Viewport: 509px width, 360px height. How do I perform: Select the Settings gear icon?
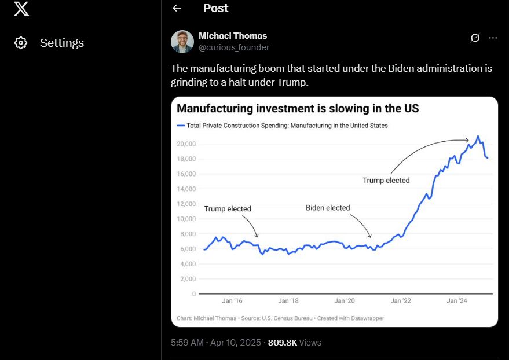(21, 43)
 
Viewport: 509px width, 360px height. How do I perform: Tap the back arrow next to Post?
(177, 8)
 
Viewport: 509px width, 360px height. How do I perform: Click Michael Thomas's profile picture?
(182, 42)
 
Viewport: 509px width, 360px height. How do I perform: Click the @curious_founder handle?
(234, 47)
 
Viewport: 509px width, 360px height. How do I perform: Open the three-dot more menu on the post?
(493, 38)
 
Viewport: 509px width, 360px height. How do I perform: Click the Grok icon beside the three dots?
(475, 38)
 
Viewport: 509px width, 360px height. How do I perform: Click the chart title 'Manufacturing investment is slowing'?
(298, 108)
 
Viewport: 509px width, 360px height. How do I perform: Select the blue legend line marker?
(181, 125)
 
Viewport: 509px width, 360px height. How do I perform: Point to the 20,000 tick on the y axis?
(186, 144)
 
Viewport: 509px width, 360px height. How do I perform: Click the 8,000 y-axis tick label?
(187, 234)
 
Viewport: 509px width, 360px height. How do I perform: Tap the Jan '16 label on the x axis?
(232, 301)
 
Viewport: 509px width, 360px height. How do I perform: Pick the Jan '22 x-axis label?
(401, 301)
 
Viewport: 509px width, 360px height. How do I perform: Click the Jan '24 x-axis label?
(457, 301)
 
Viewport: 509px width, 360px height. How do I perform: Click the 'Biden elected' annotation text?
(328, 208)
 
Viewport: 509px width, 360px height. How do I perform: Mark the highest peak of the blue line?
(478, 136)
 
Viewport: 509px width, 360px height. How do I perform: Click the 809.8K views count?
(283, 343)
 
